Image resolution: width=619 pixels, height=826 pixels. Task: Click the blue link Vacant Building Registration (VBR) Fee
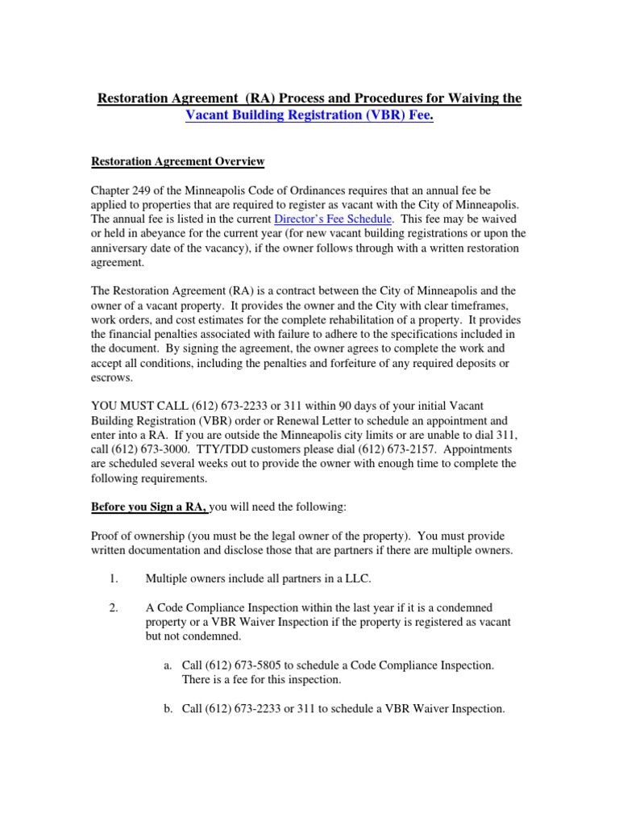[x=309, y=115]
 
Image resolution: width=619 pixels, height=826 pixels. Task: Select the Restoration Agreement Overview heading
[x=177, y=162]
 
